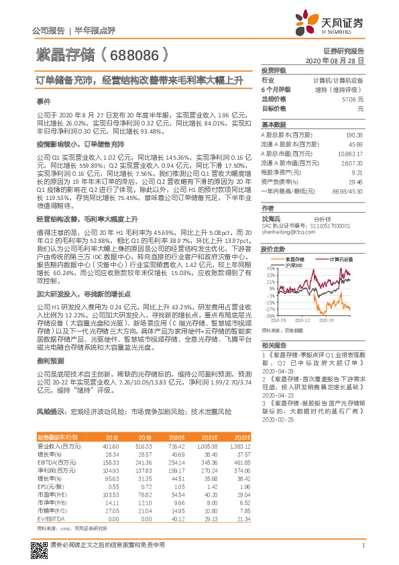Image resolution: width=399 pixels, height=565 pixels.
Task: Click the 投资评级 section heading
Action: pos(274,70)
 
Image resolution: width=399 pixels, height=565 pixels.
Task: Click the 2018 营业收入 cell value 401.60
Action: pos(109,445)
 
